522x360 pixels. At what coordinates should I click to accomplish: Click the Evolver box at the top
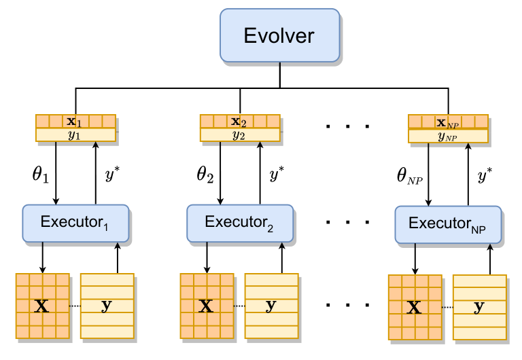279,35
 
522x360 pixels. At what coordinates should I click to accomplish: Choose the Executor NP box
449,224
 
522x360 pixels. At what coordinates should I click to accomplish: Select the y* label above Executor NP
485,176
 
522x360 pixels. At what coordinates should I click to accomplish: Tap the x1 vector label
75,122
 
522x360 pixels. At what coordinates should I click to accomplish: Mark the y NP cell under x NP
448,137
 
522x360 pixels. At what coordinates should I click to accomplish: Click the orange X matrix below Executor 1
42,306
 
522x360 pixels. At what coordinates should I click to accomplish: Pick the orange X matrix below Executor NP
414,307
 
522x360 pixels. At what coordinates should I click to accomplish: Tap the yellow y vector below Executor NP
480,307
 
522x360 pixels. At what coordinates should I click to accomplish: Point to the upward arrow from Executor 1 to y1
96,173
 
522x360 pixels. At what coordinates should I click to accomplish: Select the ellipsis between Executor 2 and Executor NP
347,222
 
